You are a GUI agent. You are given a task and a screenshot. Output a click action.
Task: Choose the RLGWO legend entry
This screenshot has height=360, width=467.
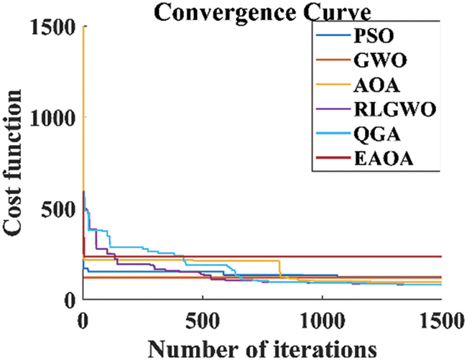(387, 113)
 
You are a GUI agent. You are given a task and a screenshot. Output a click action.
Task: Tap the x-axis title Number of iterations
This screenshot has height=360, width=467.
(262, 347)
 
